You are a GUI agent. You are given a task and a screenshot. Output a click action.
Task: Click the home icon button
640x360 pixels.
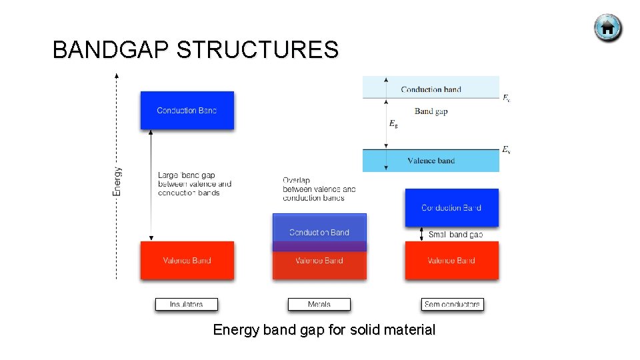(607, 28)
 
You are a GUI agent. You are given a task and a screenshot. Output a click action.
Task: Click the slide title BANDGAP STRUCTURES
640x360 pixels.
(195, 50)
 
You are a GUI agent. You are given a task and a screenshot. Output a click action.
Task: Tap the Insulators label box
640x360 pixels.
(187, 304)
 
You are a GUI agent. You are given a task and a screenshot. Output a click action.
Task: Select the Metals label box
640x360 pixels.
(319, 304)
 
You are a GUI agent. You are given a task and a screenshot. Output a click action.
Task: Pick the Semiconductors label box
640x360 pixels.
(452, 304)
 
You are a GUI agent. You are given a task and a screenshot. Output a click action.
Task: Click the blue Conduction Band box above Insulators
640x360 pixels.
(187, 110)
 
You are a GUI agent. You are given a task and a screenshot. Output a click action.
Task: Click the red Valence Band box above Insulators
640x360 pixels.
(187, 261)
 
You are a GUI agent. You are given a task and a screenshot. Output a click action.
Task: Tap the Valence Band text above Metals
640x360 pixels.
(319, 261)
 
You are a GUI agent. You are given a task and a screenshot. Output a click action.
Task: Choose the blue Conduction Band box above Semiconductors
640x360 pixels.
(451, 207)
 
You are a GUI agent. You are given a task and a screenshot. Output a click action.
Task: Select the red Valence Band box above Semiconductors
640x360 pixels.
(451, 261)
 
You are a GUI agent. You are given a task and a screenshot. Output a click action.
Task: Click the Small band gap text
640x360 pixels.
(456, 235)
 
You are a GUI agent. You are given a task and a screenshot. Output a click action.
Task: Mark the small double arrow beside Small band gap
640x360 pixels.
(421, 234)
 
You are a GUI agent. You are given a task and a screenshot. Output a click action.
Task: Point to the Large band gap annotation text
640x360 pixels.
(195, 184)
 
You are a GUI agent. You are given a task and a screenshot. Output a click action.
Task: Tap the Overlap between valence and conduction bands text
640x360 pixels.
(319, 189)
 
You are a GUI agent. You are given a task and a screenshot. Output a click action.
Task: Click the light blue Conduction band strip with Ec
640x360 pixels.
(431, 89)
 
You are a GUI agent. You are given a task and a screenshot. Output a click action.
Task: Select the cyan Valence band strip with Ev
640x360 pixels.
(431, 161)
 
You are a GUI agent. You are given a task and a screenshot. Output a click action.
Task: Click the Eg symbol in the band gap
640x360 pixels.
(393, 124)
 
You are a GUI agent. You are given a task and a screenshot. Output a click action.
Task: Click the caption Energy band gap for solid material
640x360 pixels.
(324, 330)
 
